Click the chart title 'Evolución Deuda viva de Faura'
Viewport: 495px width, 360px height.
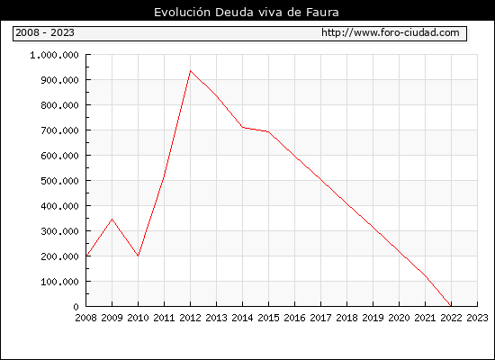pos(247,13)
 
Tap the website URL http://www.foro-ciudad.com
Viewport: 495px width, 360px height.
pos(391,32)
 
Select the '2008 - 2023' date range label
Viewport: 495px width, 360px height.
pos(45,32)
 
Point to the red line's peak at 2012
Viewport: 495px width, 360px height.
pos(191,71)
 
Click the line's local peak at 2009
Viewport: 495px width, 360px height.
pos(112,219)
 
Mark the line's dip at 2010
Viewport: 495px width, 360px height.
pos(139,256)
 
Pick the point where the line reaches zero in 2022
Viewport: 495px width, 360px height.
pos(451,306)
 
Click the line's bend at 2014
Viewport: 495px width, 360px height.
pos(242,127)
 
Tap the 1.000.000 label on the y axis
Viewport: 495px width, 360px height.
pos(54,55)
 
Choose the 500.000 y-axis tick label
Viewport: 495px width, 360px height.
pos(59,181)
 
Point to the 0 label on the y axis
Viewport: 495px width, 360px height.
pos(76,307)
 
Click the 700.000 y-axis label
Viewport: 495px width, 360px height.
pos(59,130)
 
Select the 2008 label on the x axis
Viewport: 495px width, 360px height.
pos(85,318)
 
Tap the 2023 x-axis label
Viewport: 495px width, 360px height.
pos(477,318)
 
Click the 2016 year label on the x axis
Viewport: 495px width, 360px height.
pos(294,318)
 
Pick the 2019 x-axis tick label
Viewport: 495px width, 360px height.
pos(373,318)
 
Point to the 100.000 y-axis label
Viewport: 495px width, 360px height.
pos(59,282)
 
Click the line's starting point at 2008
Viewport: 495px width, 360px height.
pos(86,256)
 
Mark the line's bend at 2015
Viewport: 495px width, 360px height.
pos(269,131)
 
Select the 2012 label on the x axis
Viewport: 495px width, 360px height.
pos(191,318)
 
